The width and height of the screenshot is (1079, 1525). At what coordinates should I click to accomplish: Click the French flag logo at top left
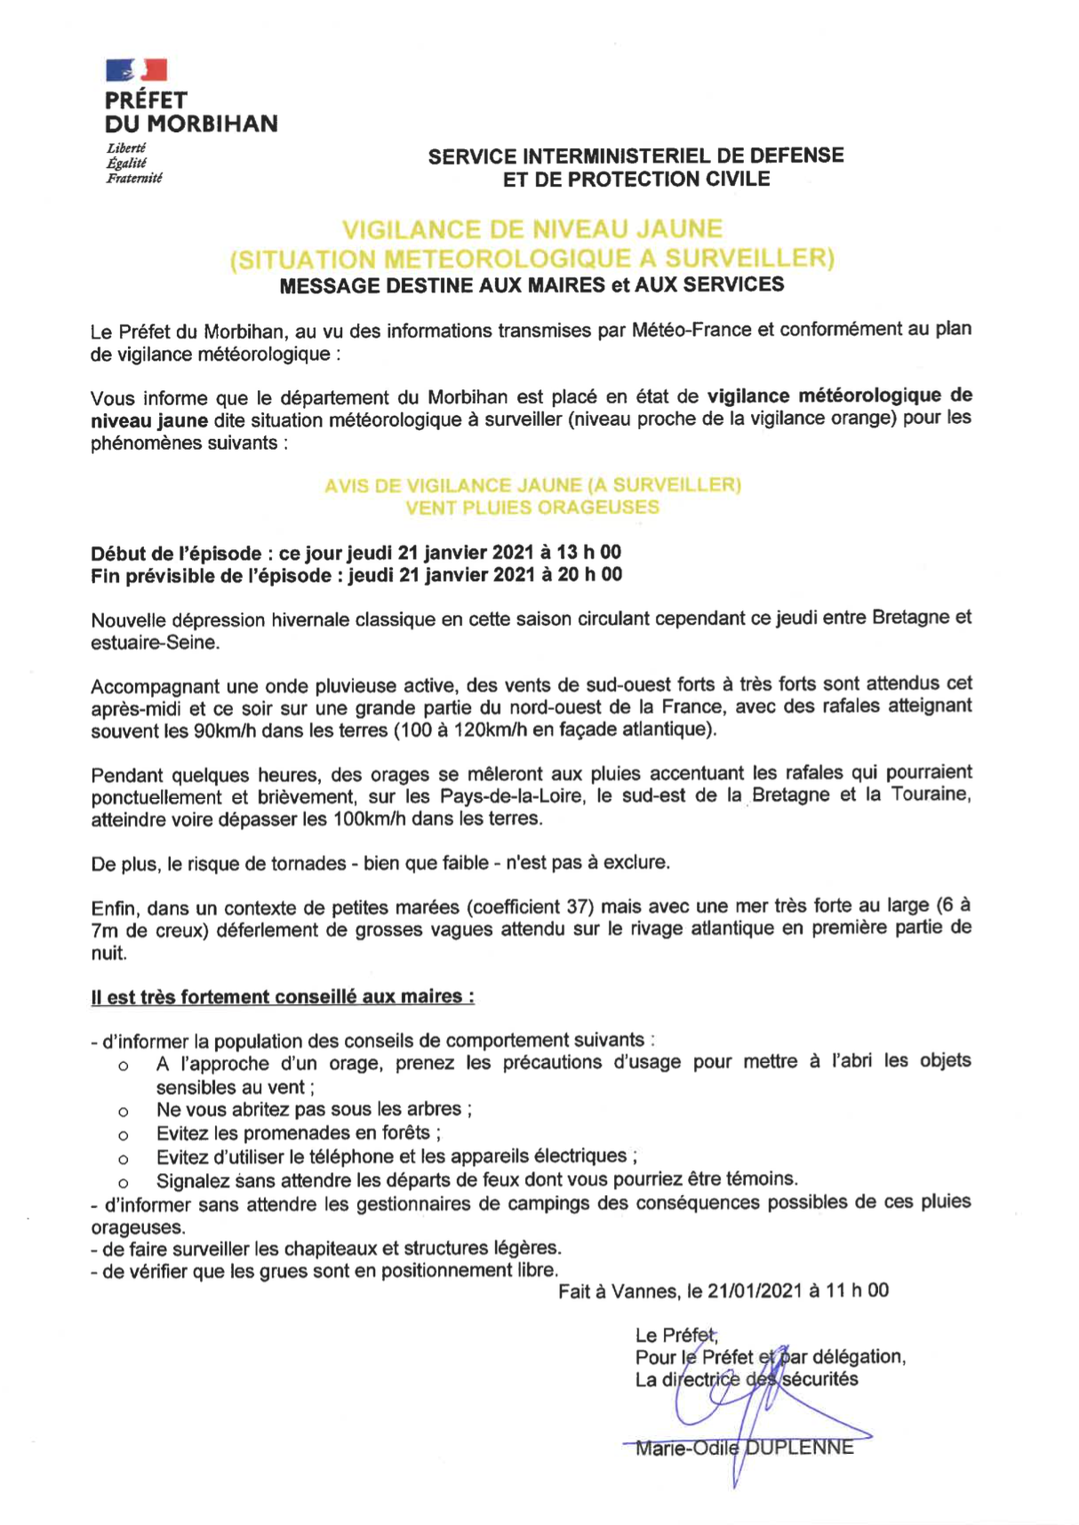point(136,70)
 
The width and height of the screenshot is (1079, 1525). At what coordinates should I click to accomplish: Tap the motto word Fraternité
point(134,178)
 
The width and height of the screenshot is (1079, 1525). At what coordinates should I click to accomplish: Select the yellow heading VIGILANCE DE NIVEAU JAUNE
point(532,229)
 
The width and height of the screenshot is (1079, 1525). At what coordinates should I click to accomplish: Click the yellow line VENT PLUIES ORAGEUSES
point(532,507)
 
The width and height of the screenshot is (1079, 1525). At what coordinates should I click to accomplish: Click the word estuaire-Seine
point(154,642)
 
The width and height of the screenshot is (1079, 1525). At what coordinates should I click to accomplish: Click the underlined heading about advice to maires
point(282,996)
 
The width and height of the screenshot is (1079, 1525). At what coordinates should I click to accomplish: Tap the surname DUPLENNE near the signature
point(799,1448)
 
